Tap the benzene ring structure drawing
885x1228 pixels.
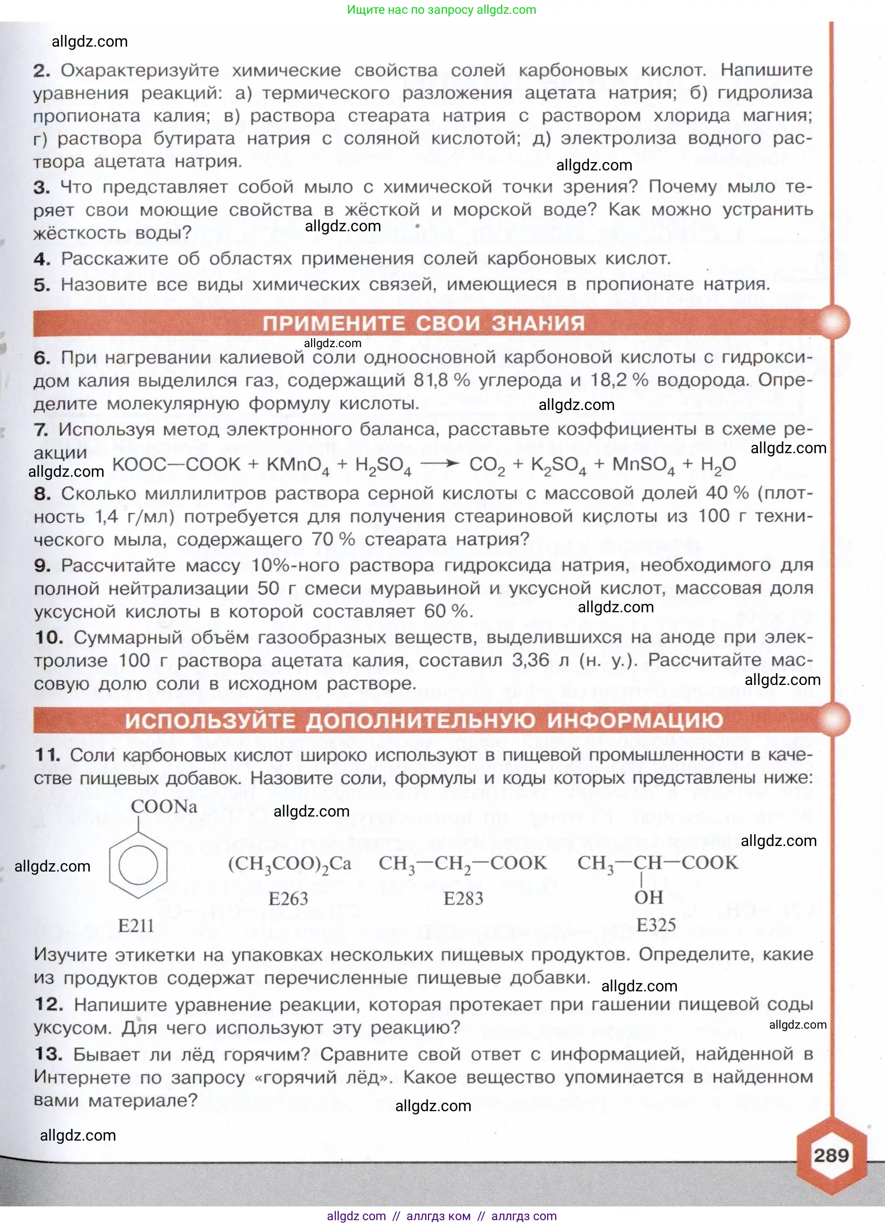coord(138,865)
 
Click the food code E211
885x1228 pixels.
coord(136,926)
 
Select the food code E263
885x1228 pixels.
coord(288,899)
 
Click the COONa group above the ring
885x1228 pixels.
coord(163,807)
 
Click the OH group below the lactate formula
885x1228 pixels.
coord(648,897)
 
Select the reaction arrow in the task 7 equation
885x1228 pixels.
coord(439,464)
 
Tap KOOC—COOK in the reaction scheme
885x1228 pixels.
coord(176,464)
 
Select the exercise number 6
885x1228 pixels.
coord(42,358)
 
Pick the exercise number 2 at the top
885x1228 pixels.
coord(42,70)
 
